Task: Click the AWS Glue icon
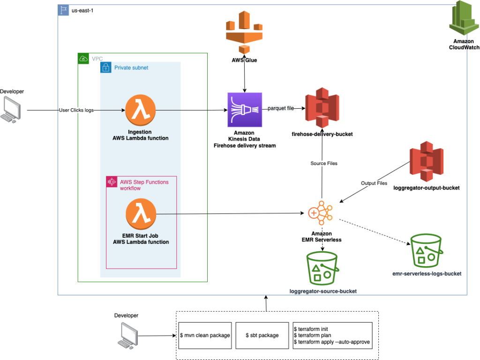coord(245,32)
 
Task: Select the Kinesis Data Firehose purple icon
coord(243,109)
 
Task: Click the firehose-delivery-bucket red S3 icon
coord(322,108)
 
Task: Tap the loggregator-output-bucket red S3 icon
coord(426,165)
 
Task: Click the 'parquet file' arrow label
coord(281,108)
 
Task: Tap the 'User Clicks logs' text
coord(76,110)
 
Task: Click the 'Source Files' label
coord(323,163)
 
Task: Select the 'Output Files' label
coord(374,183)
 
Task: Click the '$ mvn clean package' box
coord(205,335)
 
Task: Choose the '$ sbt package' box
coord(262,335)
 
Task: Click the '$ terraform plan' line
coord(312,335)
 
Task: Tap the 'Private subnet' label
coord(131,68)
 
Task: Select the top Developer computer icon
coord(12,109)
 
